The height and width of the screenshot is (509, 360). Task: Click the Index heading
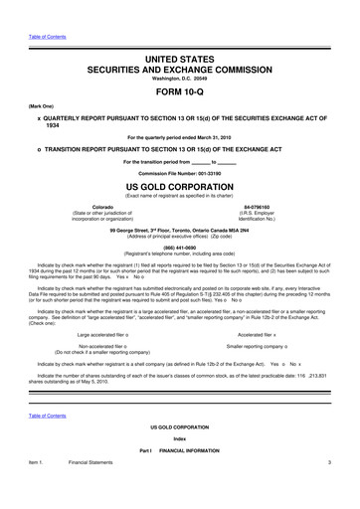[x=180, y=438]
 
